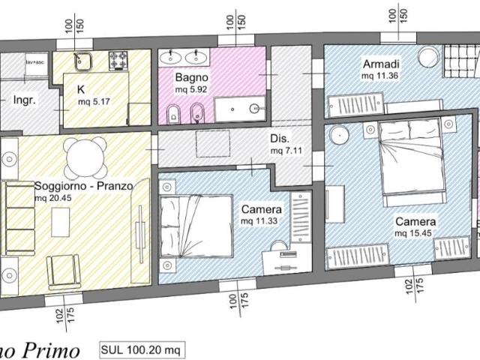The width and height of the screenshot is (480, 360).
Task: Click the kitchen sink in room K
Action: click(x=82, y=59)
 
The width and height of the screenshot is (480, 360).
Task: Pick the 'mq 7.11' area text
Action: click(x=286, y=150)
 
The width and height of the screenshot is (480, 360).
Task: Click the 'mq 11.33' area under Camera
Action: click(x=261, y=222)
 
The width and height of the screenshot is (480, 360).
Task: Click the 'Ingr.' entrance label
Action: click(x=26, y=99)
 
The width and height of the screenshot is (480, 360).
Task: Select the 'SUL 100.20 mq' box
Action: click(x=142, y=349)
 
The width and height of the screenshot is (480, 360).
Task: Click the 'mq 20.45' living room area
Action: click(x=55, y=197)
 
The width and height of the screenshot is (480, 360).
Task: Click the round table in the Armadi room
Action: click(x=427, y=58)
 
